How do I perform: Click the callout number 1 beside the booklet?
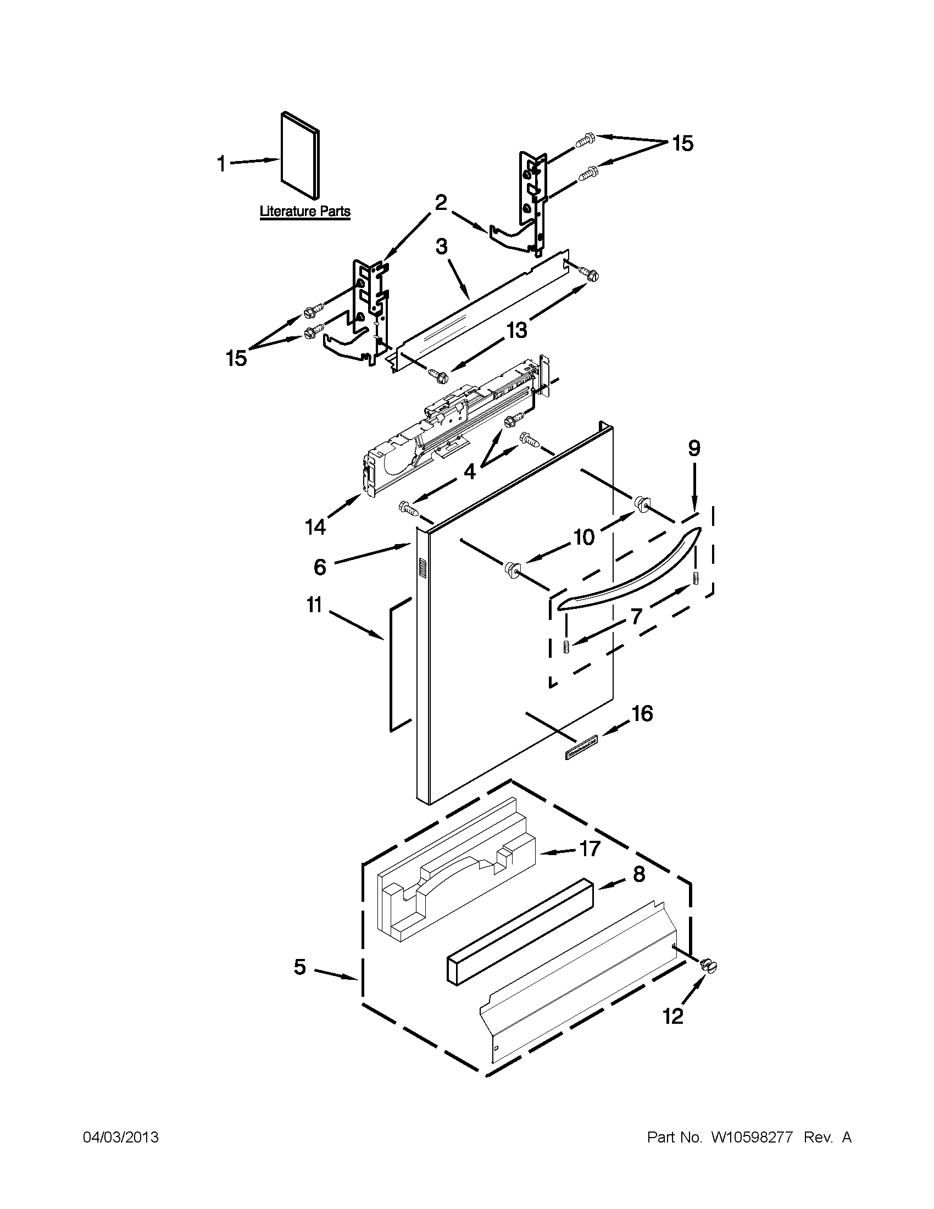pos(221,164)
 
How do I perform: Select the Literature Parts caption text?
pos(305,212)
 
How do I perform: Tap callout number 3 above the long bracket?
pos(441,246)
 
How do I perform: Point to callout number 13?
pos(516,330)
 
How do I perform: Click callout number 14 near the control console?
pos(315,527)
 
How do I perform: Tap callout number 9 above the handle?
pos(694,448)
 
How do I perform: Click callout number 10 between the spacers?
pos(583,536)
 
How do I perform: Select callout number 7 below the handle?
pos(636,616)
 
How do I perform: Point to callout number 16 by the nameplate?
pos(642,713)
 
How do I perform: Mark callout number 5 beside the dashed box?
pos(299,967)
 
